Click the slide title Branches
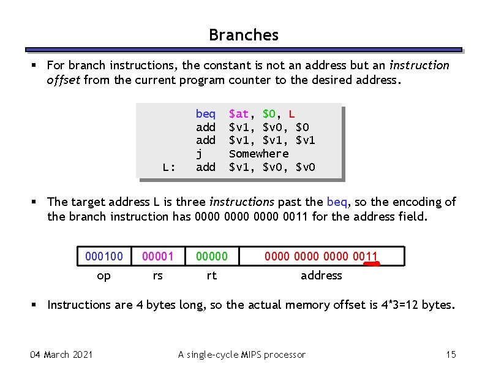tap(243, 35)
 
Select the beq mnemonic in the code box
tap(205, 114)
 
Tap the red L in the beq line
tap(291, 114)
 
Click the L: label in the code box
tap(169, 167)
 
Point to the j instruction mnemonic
tap(199, 154)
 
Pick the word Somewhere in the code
tap(258, 154)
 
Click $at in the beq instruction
tap(238, 114)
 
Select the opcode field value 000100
tap(104, 256)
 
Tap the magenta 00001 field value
tap(157, 256)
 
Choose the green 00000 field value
tap(211, 256)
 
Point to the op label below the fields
tap(104, 276)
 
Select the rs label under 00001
tap(157, 276)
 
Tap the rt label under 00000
tap(211, 276)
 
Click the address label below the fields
tap(321, 276)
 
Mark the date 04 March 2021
tap(61, 354)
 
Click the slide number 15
tap(451, 354)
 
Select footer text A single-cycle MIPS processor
tap(241, 354)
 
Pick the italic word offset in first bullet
tap(64, 80)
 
